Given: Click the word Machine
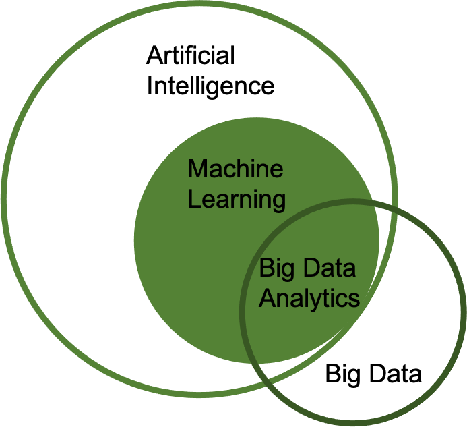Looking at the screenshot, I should pyautogui.click(x=235, y=169).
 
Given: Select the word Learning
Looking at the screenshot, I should pyautogui.click(x=237, y=200).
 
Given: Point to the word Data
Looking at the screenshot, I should pyautogui.click(x=328, y=269).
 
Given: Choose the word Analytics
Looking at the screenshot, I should pyautogui.click(x=309, y=298).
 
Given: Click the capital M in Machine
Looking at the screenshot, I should pyautogui.click(x=197, y=169).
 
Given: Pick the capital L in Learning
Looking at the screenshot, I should pyautogui.click(x=193, y=199).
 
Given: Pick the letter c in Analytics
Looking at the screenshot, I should pyautogui.click(x=343, y=300).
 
